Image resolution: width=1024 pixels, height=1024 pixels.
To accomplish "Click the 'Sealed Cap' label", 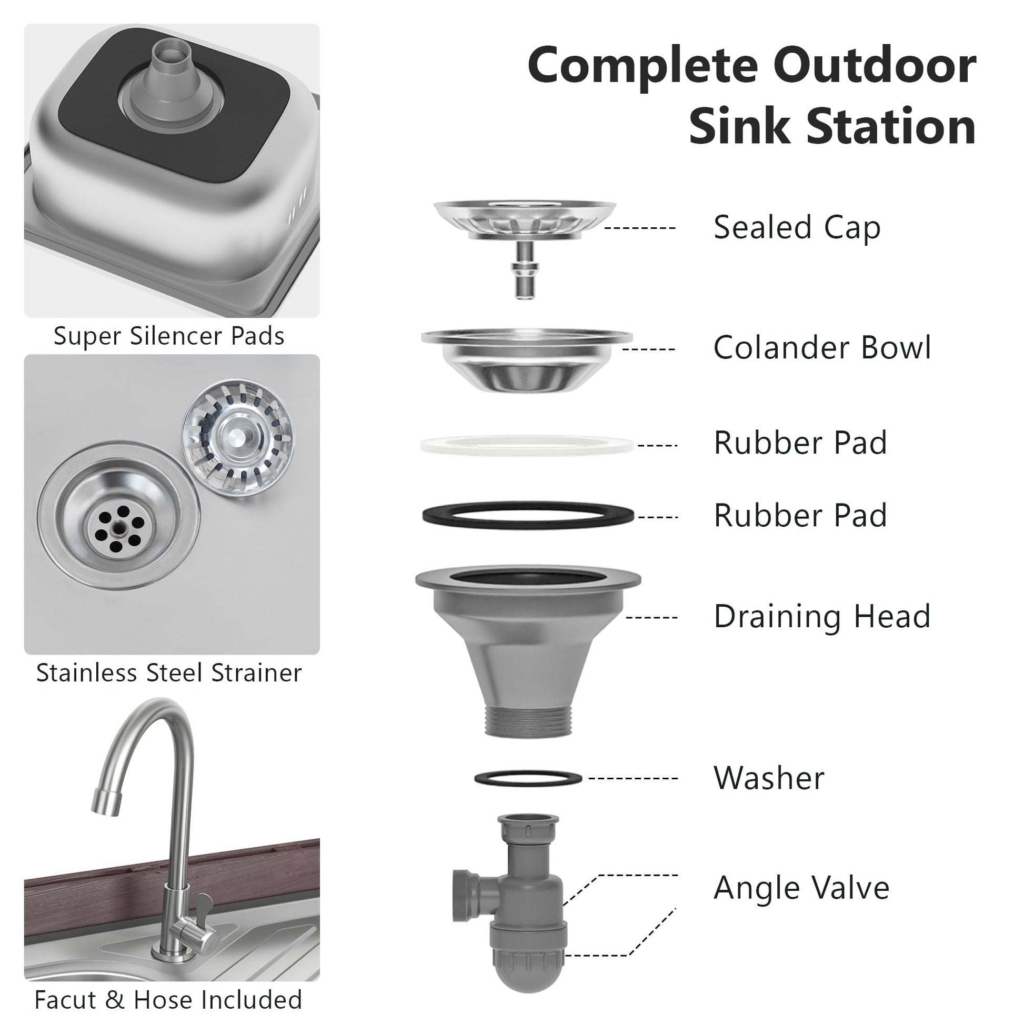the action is click(x=797, y=228).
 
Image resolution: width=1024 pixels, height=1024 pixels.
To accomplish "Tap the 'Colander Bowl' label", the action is click(x=821, y=348).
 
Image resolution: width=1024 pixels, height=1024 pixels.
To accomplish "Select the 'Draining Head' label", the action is click(x=821, y=617).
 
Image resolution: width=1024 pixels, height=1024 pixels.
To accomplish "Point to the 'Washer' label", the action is click(x=769, y=778).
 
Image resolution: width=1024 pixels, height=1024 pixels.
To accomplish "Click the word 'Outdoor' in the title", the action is click(x=875, y=66).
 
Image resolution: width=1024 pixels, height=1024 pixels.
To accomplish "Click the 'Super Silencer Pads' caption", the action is click(x=169, y=336).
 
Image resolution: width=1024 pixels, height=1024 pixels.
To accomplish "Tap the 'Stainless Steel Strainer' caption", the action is click(x=169, y=673).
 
